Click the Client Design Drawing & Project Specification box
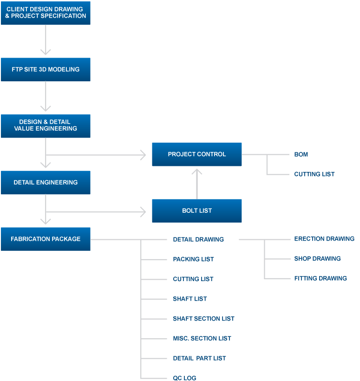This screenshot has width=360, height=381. (x=46, y=13)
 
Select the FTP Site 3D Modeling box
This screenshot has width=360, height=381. (x=46, y=69)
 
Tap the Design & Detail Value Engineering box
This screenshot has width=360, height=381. (x=46, y=125)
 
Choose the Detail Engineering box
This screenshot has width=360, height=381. (x=46, y=182)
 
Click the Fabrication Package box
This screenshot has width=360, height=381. (x=46, y=239)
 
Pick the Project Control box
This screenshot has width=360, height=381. (x=197, y=154)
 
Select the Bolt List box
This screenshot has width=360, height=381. (x=197, y=210)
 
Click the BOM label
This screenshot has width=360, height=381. (x=301, y=154)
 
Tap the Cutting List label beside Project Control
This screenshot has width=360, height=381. (x=314, y=174)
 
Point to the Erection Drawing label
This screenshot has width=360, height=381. (x=324, y=239)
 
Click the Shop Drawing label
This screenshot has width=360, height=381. (x=317, y=258)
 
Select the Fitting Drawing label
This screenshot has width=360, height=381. (x=320, y=278)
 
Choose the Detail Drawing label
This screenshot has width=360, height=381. (x=198, y=239)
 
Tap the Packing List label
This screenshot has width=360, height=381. (x=193, y=259)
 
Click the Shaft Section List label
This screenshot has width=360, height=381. (x=203, y=319)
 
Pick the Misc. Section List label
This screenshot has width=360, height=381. (x=202, y=338)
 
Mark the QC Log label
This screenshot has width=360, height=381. (x=184, y=378)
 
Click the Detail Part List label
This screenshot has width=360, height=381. (x=199, y=358)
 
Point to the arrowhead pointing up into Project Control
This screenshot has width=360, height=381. (x=197, y=171)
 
